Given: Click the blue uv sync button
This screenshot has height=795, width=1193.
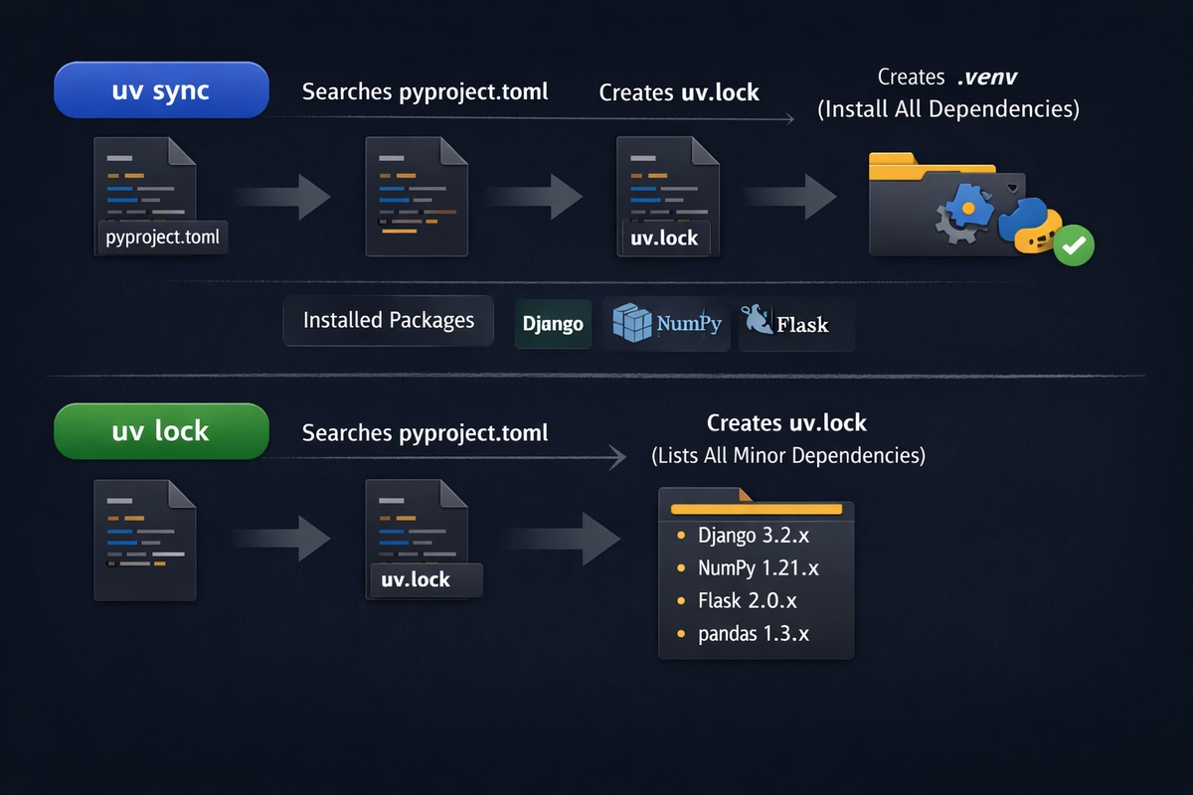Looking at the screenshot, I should click(161, 91).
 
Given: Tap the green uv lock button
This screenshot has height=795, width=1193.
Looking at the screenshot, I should click(161, 430).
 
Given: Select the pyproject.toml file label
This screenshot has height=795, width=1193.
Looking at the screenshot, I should click(163, 238).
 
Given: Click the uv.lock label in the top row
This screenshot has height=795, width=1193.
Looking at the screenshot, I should click(665, 238).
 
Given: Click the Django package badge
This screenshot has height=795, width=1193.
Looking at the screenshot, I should click(553, 324).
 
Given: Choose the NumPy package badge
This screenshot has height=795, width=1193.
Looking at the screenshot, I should click(666, 324).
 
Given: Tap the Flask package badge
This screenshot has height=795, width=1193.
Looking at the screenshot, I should click(795, 324).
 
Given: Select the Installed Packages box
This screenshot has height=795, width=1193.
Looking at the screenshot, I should click(388, 320).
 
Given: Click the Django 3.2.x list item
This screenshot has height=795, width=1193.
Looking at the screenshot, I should click(753, 536).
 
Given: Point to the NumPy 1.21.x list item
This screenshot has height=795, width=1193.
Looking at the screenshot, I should click(758, 568).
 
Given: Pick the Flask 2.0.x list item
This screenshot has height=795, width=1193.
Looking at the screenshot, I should click(747, 601).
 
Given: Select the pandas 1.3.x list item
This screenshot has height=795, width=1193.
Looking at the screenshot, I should click(753, 633).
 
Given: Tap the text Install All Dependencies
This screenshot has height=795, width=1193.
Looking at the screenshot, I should click(947, 109).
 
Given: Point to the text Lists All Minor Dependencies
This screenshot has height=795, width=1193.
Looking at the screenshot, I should click(787, 456).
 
